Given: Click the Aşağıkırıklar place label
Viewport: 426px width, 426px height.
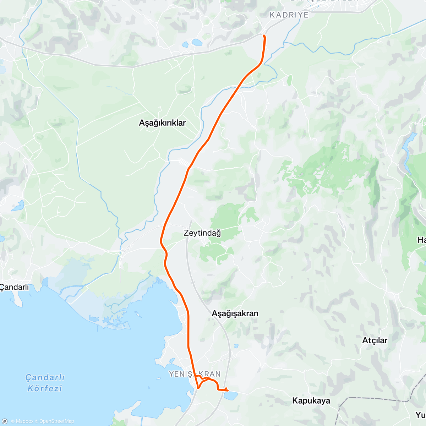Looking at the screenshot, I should pos(162,123).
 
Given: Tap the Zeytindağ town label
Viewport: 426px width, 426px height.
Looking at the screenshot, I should pos(202,233).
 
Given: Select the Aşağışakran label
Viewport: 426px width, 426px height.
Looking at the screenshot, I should pos(235,313).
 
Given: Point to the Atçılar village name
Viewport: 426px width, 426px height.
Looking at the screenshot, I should pos(375,340).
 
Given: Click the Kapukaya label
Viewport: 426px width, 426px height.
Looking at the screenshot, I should pos(311,401).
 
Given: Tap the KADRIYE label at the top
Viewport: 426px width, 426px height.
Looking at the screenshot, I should pos(289,15).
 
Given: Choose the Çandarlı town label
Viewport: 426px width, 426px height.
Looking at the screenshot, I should pos(15,287).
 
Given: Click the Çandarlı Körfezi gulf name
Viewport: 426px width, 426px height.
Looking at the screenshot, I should pos(45,383).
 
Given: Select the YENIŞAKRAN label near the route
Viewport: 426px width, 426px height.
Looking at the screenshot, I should pos(195,374).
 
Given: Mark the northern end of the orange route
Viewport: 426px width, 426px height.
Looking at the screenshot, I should pos(264,35).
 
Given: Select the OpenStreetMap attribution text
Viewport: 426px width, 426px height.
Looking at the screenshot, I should pos(56,421).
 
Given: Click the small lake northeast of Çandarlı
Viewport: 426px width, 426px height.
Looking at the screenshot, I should pos(18,206).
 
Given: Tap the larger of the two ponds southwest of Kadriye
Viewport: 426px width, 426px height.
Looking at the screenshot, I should pos(197,42).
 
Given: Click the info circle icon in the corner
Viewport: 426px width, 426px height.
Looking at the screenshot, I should pos(4,421).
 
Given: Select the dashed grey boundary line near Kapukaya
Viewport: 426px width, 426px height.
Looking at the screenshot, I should pos(373,399).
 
